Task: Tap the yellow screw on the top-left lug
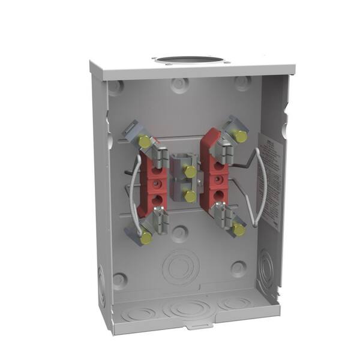pyautogui.click(x=145, y=142)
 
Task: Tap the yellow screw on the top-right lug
pyautogui.click(x=240, y=137)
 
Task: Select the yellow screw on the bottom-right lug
pyautogui.click(x=238, y=229)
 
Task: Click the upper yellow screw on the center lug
pyautogui.click(x=190, y=172)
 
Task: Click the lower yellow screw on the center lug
pyautogui.click(x=190, y=196)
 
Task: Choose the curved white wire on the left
pyautogui.click(x=133, y=192)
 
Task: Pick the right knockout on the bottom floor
pyautogui.click(x=235, y=304)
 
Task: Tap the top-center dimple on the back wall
pyautogui.click(x=179, y=85)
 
